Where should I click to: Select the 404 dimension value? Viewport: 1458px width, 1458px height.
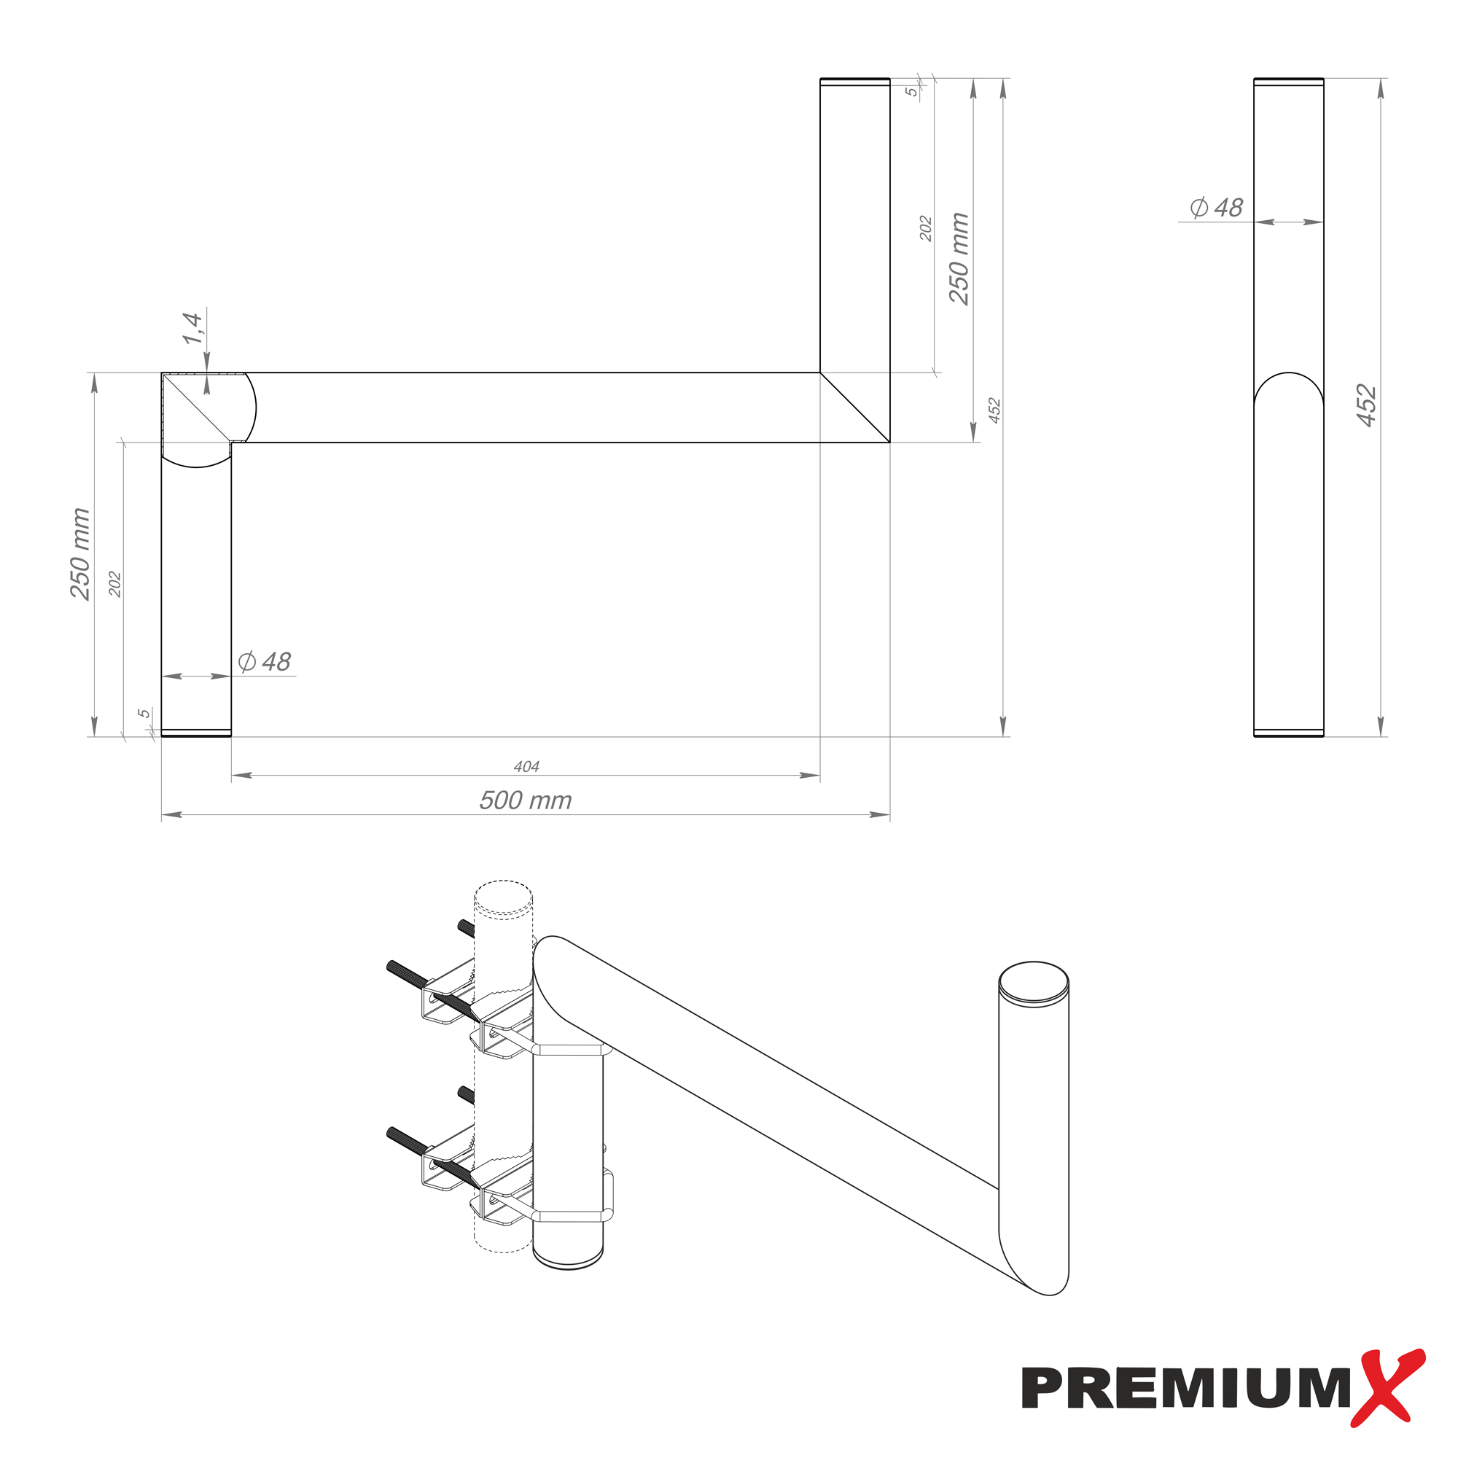[x=526, y=767]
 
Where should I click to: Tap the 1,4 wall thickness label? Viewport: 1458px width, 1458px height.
[x=192, y=328]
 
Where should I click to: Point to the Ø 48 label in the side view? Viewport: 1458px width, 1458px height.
[x=1216, y=208]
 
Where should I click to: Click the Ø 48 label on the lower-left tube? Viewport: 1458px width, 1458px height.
[x=264, y=662]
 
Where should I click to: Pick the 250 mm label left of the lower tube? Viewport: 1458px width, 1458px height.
[x=80, y=554]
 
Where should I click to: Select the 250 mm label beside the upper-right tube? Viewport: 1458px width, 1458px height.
[x=959, y=258]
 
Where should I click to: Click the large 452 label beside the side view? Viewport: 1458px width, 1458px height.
[x=1367, y=406]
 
